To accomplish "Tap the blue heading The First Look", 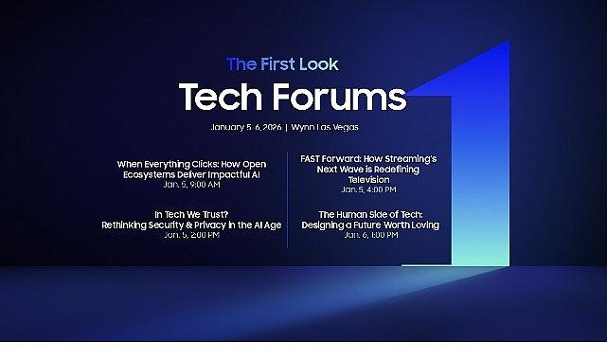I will click(x=282, y=64).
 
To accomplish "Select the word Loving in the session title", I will click(x=419, y=225).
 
